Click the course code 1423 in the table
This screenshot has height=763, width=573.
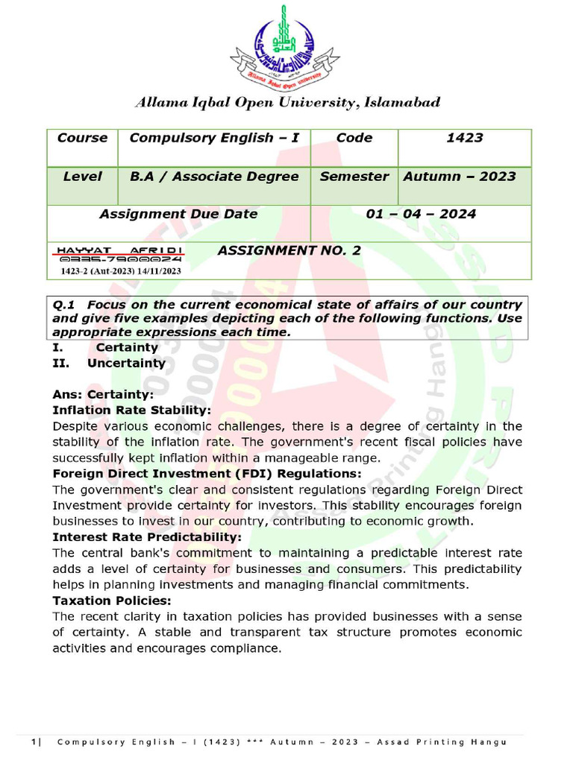(464, 138)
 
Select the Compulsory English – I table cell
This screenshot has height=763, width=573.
(214, 138)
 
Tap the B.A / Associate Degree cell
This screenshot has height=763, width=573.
(214, 177)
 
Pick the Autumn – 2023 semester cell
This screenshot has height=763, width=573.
(460, 177)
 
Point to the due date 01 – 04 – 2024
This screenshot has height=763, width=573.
(421, 215)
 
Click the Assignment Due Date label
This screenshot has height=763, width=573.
(178, 215)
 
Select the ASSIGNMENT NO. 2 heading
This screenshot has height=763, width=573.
(289, 251)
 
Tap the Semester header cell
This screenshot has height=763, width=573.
(354, 177)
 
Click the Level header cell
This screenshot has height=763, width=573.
(82, 177)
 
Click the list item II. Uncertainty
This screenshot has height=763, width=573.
(109, 364)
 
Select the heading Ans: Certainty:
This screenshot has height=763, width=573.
(103, 395)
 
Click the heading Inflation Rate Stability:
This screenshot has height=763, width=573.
(132, 411)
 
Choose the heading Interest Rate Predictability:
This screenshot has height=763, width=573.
(147, 537)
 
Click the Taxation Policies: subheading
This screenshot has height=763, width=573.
(112, 601)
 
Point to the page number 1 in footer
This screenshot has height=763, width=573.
(34, 742)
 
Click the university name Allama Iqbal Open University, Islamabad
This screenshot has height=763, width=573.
(287, 103)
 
